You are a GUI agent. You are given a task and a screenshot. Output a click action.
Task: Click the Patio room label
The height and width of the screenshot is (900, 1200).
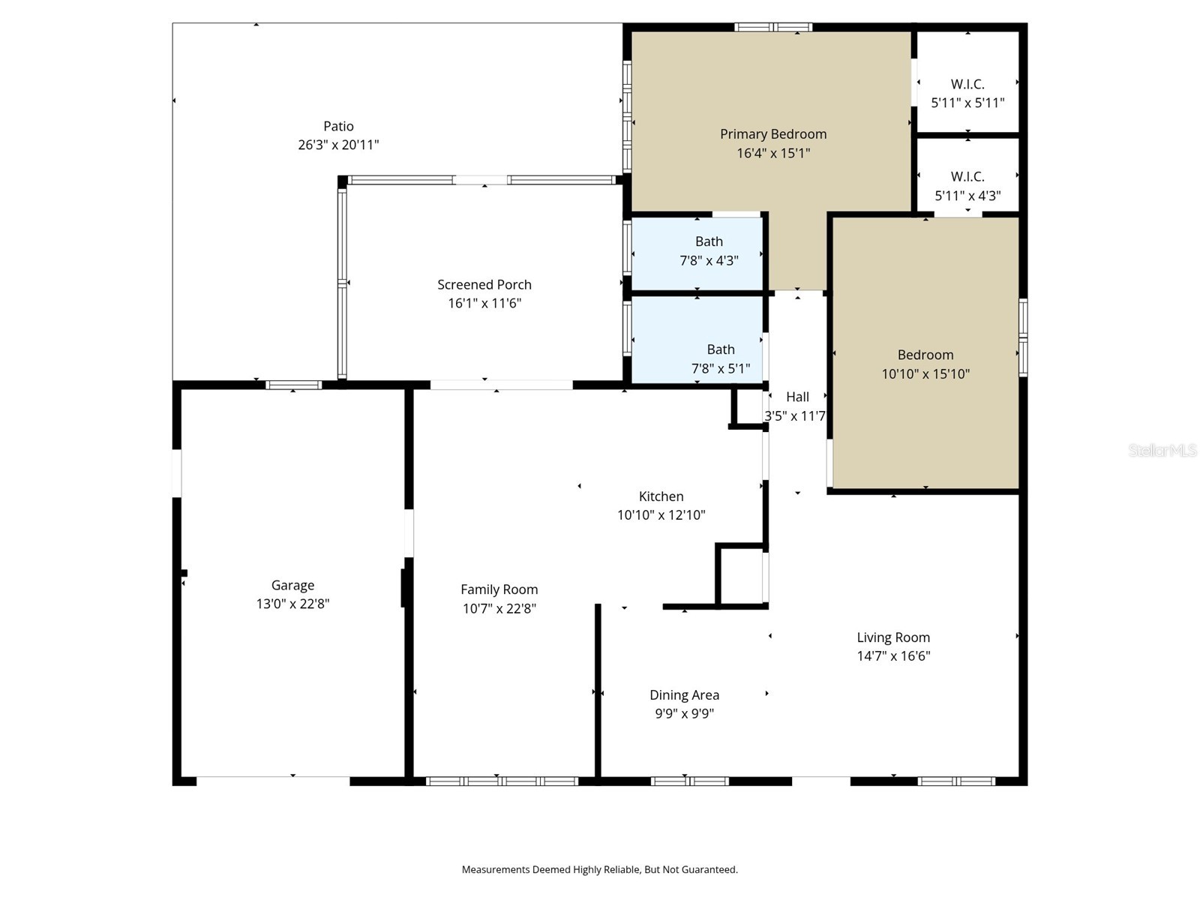pos(338,126)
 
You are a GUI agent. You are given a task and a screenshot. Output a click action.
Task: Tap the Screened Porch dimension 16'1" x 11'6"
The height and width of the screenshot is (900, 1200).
pos(484,303)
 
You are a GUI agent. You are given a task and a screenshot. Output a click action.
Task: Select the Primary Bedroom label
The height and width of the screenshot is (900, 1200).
pos(773,134)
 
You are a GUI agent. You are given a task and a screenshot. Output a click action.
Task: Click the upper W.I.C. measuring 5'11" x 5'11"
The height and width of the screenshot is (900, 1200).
pos(967,93)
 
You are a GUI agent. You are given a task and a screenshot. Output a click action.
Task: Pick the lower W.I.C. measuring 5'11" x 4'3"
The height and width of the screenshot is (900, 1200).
pos(967,186)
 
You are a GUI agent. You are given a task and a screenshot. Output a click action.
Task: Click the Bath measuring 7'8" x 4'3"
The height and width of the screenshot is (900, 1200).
pos(709,250)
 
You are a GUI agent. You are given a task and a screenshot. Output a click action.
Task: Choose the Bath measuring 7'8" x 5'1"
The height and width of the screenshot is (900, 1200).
pos(720,358)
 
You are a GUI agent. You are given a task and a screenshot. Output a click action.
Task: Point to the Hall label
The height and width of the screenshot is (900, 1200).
pos(797,397)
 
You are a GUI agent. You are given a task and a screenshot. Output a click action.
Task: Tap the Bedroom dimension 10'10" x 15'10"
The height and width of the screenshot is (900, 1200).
pos(925,373)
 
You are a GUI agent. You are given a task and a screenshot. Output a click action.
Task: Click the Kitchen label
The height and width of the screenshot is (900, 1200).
pos(661,496)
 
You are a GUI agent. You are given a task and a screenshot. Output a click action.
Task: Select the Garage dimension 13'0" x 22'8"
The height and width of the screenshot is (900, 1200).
pos(292,604)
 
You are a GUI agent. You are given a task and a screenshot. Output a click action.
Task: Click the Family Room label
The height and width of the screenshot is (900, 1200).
pos(499,589)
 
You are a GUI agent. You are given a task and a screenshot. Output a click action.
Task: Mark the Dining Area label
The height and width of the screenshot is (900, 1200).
pos(684,695)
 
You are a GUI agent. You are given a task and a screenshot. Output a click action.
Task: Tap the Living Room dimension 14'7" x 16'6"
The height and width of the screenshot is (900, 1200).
pos(893,655)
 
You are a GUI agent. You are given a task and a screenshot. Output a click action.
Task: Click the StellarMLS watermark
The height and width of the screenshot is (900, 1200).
pos(1162,450)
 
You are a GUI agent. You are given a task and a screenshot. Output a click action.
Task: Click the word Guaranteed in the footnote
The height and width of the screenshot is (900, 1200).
pos(712,869)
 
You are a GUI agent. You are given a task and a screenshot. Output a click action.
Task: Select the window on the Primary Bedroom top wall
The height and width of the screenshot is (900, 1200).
pos(773,27)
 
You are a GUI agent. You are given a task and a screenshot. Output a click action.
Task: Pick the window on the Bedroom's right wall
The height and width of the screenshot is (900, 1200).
pos(1022,337)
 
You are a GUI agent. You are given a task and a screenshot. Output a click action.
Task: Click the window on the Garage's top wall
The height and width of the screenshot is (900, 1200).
pos(293,385)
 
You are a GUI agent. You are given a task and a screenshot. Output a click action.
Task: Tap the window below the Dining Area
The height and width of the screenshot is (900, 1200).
pos(689,781)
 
